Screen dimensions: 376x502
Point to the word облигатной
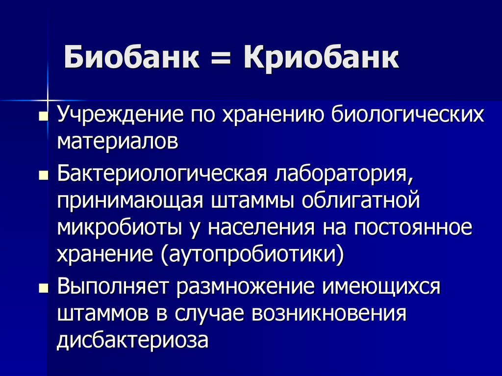click(x=360, y=201)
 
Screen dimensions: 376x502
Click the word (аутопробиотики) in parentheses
click(x=250, y=254)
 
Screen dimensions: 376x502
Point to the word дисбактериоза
click(x=133, y=340)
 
